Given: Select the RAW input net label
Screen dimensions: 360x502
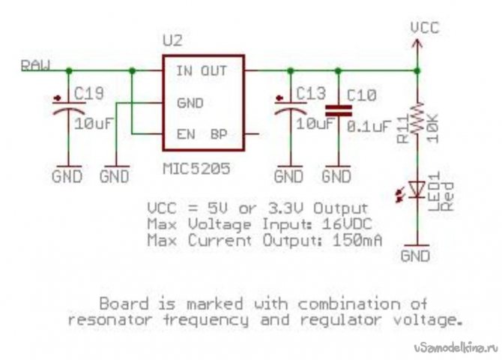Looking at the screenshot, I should (x=35, y=66).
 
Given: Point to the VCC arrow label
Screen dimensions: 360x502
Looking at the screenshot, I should (x=424, y=28).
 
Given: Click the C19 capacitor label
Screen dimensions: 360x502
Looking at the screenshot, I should (x=91, y=95).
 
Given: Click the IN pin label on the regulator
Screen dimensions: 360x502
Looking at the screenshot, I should (x=184, y=72).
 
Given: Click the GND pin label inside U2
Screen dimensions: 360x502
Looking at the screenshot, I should (x=190, y=103).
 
